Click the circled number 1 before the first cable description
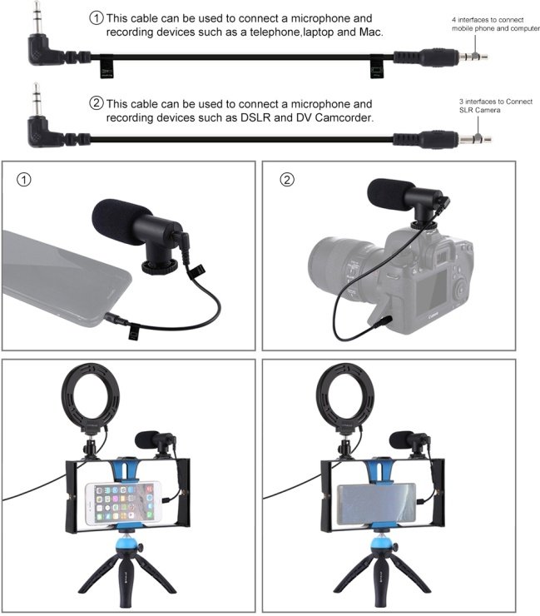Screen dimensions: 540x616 click(x=97, y=18)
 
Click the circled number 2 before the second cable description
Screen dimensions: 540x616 click(x=97, y=104)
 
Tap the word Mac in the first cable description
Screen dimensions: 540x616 click(x=370, y=32)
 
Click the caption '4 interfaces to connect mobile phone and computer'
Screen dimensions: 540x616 click(x=496, y=24)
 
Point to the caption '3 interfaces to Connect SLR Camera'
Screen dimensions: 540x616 click(x=496, y=106)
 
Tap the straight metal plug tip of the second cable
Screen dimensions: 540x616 click(x=475, y=139)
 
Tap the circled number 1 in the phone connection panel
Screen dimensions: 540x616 click(x=24, y=180)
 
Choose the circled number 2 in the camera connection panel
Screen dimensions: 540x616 click(x=287, y=180)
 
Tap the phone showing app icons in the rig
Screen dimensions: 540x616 click(x=123, y=504)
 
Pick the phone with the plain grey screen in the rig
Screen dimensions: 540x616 click(x=376, y=504)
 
